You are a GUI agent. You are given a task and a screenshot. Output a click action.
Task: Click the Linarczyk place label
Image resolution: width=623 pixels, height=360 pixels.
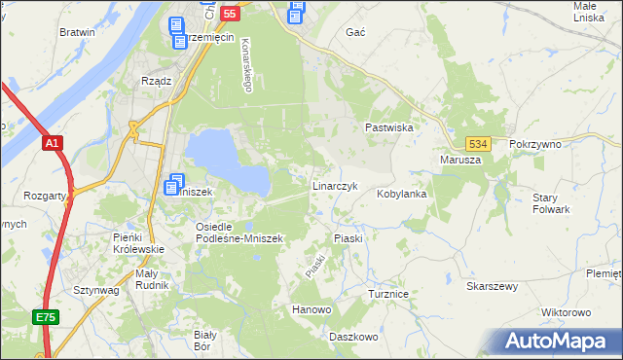(337, 185)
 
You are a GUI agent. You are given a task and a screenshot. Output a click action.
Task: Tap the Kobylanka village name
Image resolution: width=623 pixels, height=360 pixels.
(402, 194)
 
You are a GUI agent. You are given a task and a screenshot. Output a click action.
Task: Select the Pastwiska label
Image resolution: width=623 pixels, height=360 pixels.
(389, 127)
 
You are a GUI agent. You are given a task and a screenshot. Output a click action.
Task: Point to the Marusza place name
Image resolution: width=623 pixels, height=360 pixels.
(460, 160)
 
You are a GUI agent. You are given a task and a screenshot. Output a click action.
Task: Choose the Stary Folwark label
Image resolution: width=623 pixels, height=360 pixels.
(551, 203)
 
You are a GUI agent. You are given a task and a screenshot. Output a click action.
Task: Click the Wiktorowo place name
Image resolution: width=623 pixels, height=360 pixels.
(566, 312)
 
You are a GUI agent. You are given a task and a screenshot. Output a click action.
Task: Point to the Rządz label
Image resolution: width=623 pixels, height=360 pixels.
(157, 81)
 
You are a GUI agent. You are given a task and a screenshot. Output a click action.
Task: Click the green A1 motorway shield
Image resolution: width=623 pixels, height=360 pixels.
(53, 144)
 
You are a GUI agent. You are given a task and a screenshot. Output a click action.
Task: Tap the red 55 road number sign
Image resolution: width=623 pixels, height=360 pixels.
(230, 14)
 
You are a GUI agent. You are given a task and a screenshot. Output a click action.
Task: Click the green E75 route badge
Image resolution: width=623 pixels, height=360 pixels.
(45, 317)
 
